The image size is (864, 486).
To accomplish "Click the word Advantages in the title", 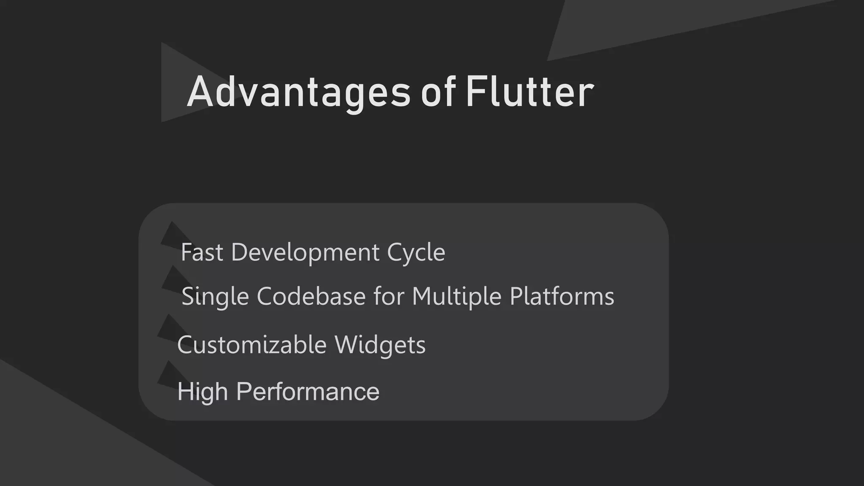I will coord(298,92).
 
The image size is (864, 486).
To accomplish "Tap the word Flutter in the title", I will coord(530,92).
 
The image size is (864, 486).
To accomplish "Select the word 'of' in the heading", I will coord(438,92).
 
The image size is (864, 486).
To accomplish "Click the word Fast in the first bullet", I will coord(202,252).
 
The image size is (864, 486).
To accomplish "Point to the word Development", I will coord(305,252).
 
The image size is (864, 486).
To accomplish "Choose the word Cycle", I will coord(416,252).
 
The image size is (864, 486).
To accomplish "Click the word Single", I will coord(215,296).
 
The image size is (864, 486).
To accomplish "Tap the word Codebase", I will coord(311,296).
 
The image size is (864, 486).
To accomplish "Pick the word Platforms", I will coord(562,296).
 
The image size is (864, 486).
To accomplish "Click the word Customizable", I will coord(252,345).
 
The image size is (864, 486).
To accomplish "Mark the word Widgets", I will coord(380,345).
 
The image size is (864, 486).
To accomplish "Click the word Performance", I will coord(308,391).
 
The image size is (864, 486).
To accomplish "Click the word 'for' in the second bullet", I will coord(389,296).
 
